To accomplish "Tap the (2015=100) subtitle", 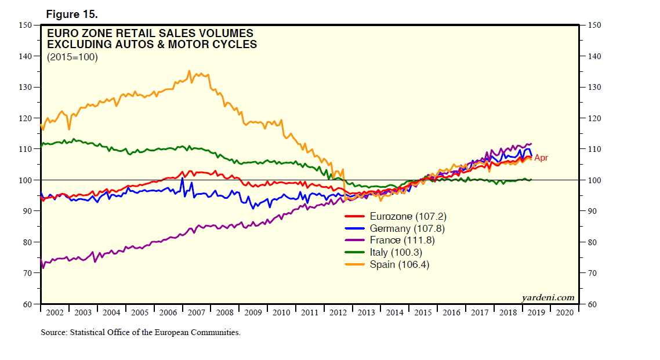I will click(x=72, y=57).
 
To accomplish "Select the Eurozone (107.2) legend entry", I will click(x=408, y=216).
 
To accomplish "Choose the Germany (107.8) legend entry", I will click(x=408, y=228).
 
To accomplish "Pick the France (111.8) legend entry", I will click(x=402, y=240).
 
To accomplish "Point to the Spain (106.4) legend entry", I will click(x=400, y=264).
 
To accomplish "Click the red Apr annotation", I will click(x=541, y=158).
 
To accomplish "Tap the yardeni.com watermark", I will click(x=548, y=298).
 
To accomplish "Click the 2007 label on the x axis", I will click(x=196, y=313).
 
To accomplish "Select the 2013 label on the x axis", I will click(x=367, y=313).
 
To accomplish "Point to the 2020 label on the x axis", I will click(x=565, y=313).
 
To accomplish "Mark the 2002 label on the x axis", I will click(x=54, y=313).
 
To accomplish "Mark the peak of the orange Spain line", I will click(x=189, y=71).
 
